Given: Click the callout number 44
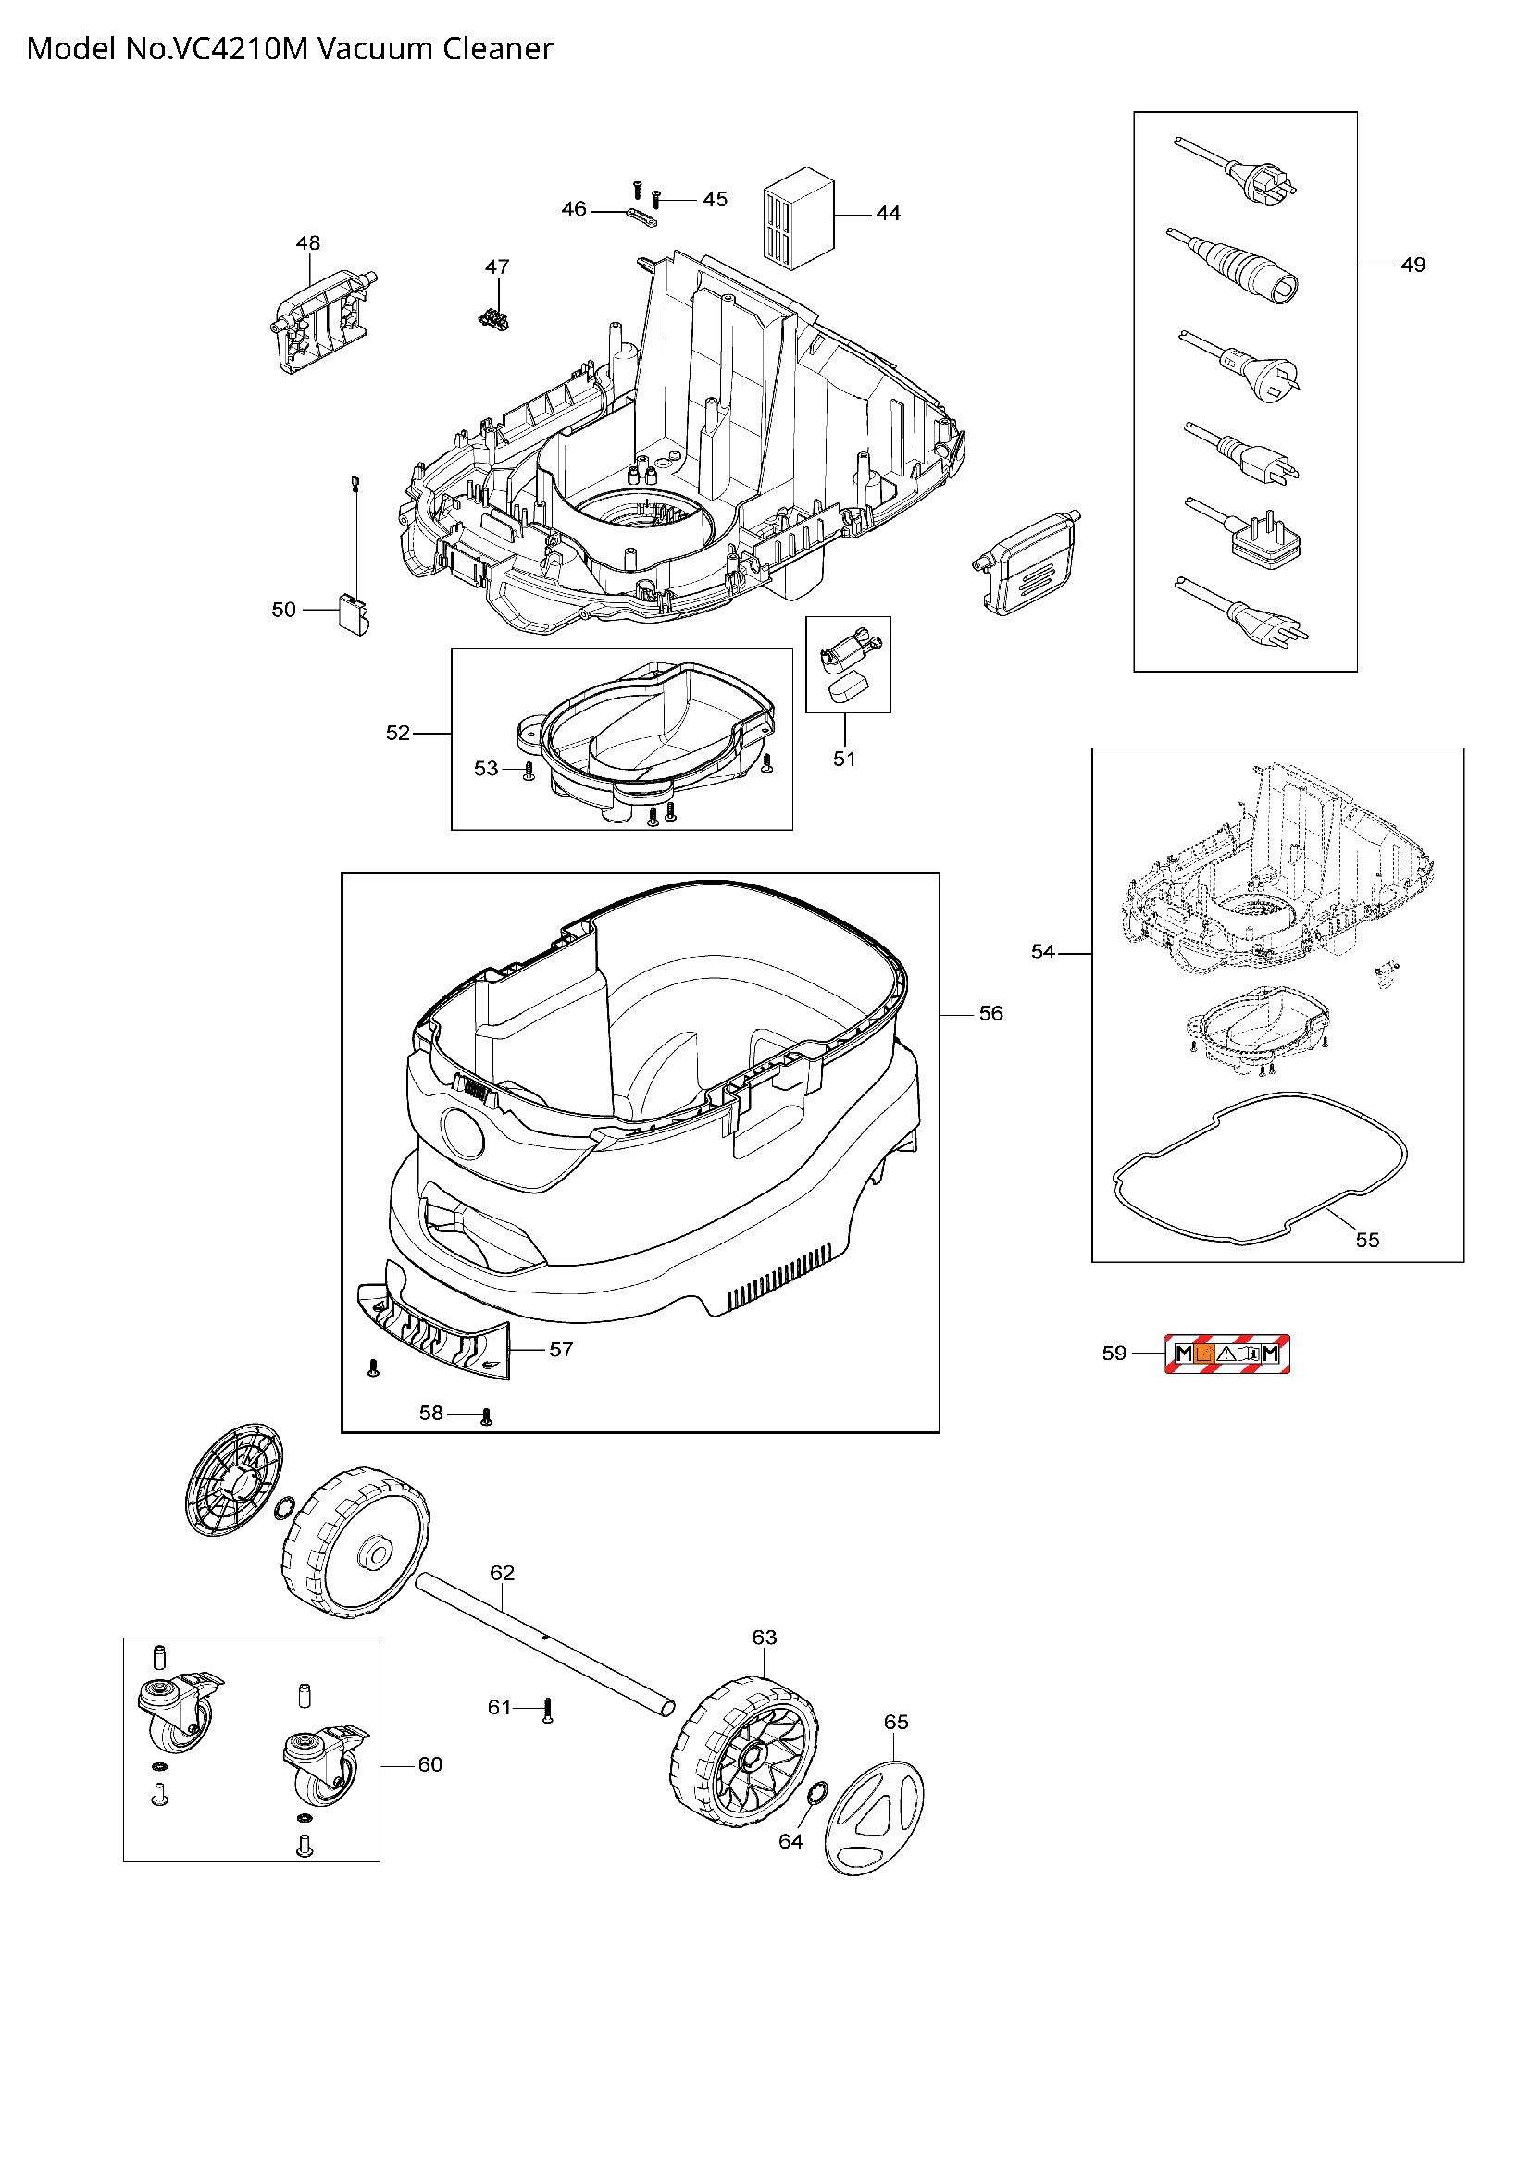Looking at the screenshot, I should pos(887,214).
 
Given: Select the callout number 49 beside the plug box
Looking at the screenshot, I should pos(1413,265).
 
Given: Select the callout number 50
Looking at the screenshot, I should pos(284,610).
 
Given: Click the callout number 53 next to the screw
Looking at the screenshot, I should pos(486,769).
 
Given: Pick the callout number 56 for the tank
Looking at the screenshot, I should pos(990,1013).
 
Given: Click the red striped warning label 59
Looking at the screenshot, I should pos(1227,1354).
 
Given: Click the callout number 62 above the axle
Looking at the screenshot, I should pos(503,1572).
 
